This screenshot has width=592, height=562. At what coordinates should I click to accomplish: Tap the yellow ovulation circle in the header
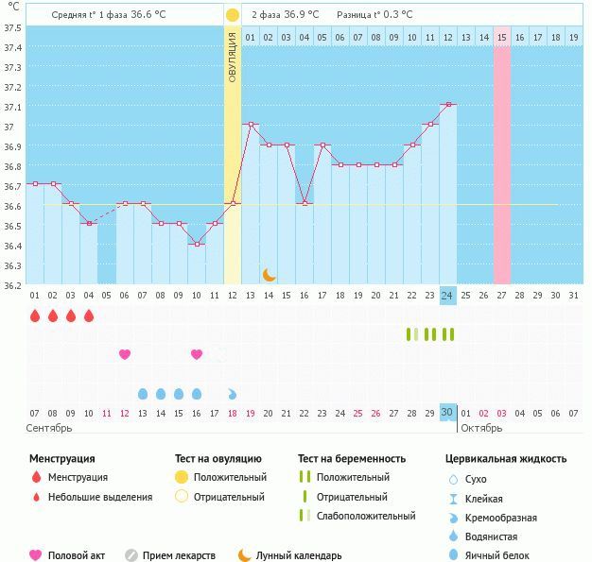(x=233, y=15)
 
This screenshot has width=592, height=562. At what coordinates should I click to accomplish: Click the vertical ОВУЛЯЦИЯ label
(x=233, y=57)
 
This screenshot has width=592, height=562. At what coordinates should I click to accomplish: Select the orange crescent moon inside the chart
(x=269, y=274)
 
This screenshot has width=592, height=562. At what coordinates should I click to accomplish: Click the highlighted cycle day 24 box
(x=447, y=296)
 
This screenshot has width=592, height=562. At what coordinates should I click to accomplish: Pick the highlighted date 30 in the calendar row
(x=447, y=412)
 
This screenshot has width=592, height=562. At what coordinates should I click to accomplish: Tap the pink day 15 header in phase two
(x=501, y=38)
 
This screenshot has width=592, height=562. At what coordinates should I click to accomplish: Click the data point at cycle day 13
(x=251, y=124)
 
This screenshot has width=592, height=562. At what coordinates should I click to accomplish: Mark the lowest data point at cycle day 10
(x=197, y=244)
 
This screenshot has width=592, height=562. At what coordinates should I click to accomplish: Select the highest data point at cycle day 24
(x=447, y=104)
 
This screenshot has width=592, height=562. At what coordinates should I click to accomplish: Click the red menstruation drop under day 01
(x=35, y=316)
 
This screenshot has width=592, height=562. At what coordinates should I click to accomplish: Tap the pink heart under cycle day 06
(x=125, y=354)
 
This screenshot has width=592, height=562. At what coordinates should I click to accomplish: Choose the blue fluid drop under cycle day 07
(x=143, y=393)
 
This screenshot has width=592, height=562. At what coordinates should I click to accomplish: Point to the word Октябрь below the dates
(x=482, y=428)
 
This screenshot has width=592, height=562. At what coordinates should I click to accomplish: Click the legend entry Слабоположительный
(x=366, y=516)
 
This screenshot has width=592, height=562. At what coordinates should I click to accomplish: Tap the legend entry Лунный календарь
(x=298, y=555)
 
